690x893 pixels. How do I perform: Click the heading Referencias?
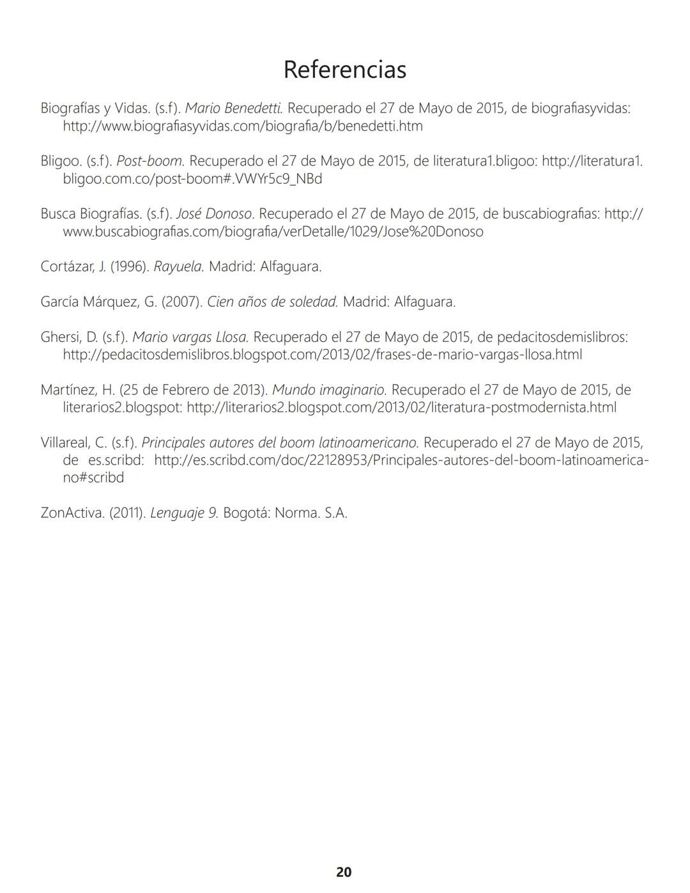[344, 69]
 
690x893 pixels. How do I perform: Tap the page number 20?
[344, 872]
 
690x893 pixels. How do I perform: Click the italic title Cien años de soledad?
[272, 302]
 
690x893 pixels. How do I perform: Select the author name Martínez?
[68, 390]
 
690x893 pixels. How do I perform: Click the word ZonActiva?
[72, 513]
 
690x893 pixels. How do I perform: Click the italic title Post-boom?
[151, 161]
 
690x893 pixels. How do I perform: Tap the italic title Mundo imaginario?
[329, 390]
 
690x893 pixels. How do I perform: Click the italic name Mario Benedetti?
[234, 108]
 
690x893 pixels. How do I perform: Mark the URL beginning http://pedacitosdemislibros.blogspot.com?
[322, 355]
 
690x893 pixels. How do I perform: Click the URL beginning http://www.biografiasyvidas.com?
[243, 126]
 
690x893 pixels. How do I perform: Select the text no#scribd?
[93, 478]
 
